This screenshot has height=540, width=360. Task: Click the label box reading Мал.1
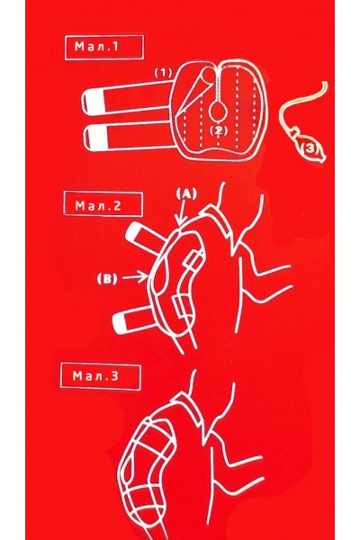click(x=104, y=47)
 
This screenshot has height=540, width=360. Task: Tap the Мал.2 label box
click(x=103, y=204)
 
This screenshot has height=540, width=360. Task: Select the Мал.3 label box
click(x=101, y=376)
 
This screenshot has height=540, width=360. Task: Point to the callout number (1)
click(x=163, y=73)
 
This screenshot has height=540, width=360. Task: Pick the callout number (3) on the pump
click(x=310, y=148)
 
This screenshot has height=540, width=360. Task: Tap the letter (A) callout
click(x=187, y=193)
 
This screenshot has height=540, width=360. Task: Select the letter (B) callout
click(x=107, y=278)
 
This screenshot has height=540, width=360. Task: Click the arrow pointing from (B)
click(x=135, y=277)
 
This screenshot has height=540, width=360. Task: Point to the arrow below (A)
click(x=182, y=212)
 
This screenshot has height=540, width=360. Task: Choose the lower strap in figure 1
click(x=130, y=138)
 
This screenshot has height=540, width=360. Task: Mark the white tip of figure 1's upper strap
click(x=93, y=103)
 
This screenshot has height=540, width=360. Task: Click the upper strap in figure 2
click(x=146, y=237)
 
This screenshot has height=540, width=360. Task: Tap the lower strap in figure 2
click(x=135, y=320)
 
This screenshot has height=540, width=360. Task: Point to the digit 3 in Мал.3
click(x=115, y=375)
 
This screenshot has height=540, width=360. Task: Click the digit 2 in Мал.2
click(x=117, y=205)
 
